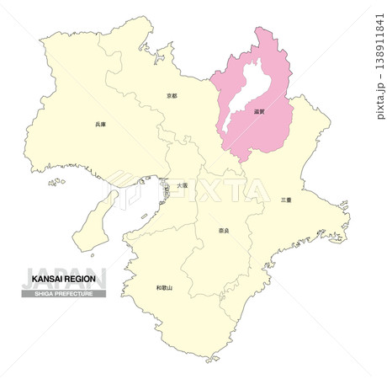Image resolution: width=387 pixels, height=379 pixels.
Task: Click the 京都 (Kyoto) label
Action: pyautogui.click(x=172, y=97)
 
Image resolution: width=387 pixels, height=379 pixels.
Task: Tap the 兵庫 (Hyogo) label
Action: pyautogui.click(x=100, y=125)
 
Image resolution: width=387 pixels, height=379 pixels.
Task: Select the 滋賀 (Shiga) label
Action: pyautogui.click(x=258, y=110)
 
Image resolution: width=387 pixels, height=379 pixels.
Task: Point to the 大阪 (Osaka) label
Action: pyautogui.click(x=183, y=184)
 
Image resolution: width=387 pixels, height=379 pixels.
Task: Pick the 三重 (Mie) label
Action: pyautogui.click(x=286, y=200)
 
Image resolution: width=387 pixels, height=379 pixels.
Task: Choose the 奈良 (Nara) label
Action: pyautogui.click(x=223, y=230)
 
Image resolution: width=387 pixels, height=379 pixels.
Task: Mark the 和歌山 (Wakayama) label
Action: pyautogui.click(x=164, y=288)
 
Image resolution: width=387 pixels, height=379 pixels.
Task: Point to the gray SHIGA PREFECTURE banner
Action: pyautogui.click(x=63, y=293)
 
